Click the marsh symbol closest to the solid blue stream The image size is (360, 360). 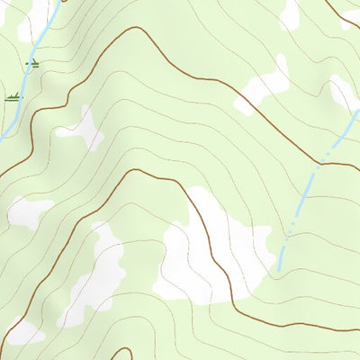[32, 64]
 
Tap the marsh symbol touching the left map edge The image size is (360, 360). [13, 96]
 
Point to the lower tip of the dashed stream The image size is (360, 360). [280, 268]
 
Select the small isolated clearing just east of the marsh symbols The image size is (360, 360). [81, 128]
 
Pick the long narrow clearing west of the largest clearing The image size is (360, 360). [94, 274]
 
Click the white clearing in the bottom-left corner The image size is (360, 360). [22, 333]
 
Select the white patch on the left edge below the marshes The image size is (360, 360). [27, 211]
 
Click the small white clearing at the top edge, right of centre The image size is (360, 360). [290, 13]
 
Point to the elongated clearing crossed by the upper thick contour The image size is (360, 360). [264, 87]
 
